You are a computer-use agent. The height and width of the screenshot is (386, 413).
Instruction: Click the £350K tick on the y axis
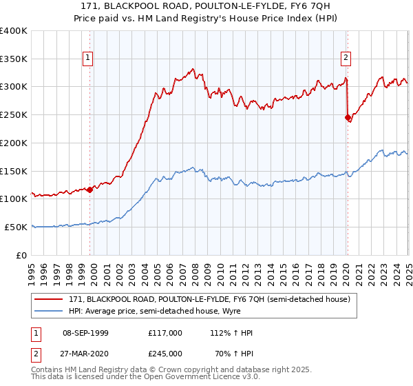point(14,59)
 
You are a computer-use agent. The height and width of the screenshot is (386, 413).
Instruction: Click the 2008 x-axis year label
point(195,267)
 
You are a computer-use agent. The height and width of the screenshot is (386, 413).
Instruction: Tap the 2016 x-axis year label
point(295,267)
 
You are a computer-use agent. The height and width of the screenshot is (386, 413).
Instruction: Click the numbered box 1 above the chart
point(89,59)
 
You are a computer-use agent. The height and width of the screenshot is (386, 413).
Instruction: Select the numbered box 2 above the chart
point(346,59)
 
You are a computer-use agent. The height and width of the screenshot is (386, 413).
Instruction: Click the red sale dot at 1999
point(90,189)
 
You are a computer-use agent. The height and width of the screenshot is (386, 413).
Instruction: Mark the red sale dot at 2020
point(348,118)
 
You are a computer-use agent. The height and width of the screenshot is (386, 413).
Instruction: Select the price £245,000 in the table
point(165,354)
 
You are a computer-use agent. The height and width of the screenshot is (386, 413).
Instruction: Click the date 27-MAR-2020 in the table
point(85,354)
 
